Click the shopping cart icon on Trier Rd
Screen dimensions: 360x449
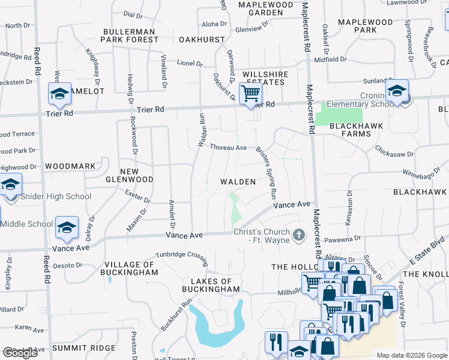[250, 94]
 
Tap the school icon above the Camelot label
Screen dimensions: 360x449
[59, 93]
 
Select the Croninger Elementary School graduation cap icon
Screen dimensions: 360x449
[397, 90]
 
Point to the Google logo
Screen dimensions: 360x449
[20, 353]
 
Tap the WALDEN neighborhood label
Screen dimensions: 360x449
[238, 181]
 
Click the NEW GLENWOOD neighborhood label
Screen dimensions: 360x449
[129, 175]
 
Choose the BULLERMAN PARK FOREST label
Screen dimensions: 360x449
[130, 35]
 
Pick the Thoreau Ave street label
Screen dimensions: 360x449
[228, 147]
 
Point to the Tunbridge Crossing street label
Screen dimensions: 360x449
[181, 254]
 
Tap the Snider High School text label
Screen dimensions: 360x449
[56, 196]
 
